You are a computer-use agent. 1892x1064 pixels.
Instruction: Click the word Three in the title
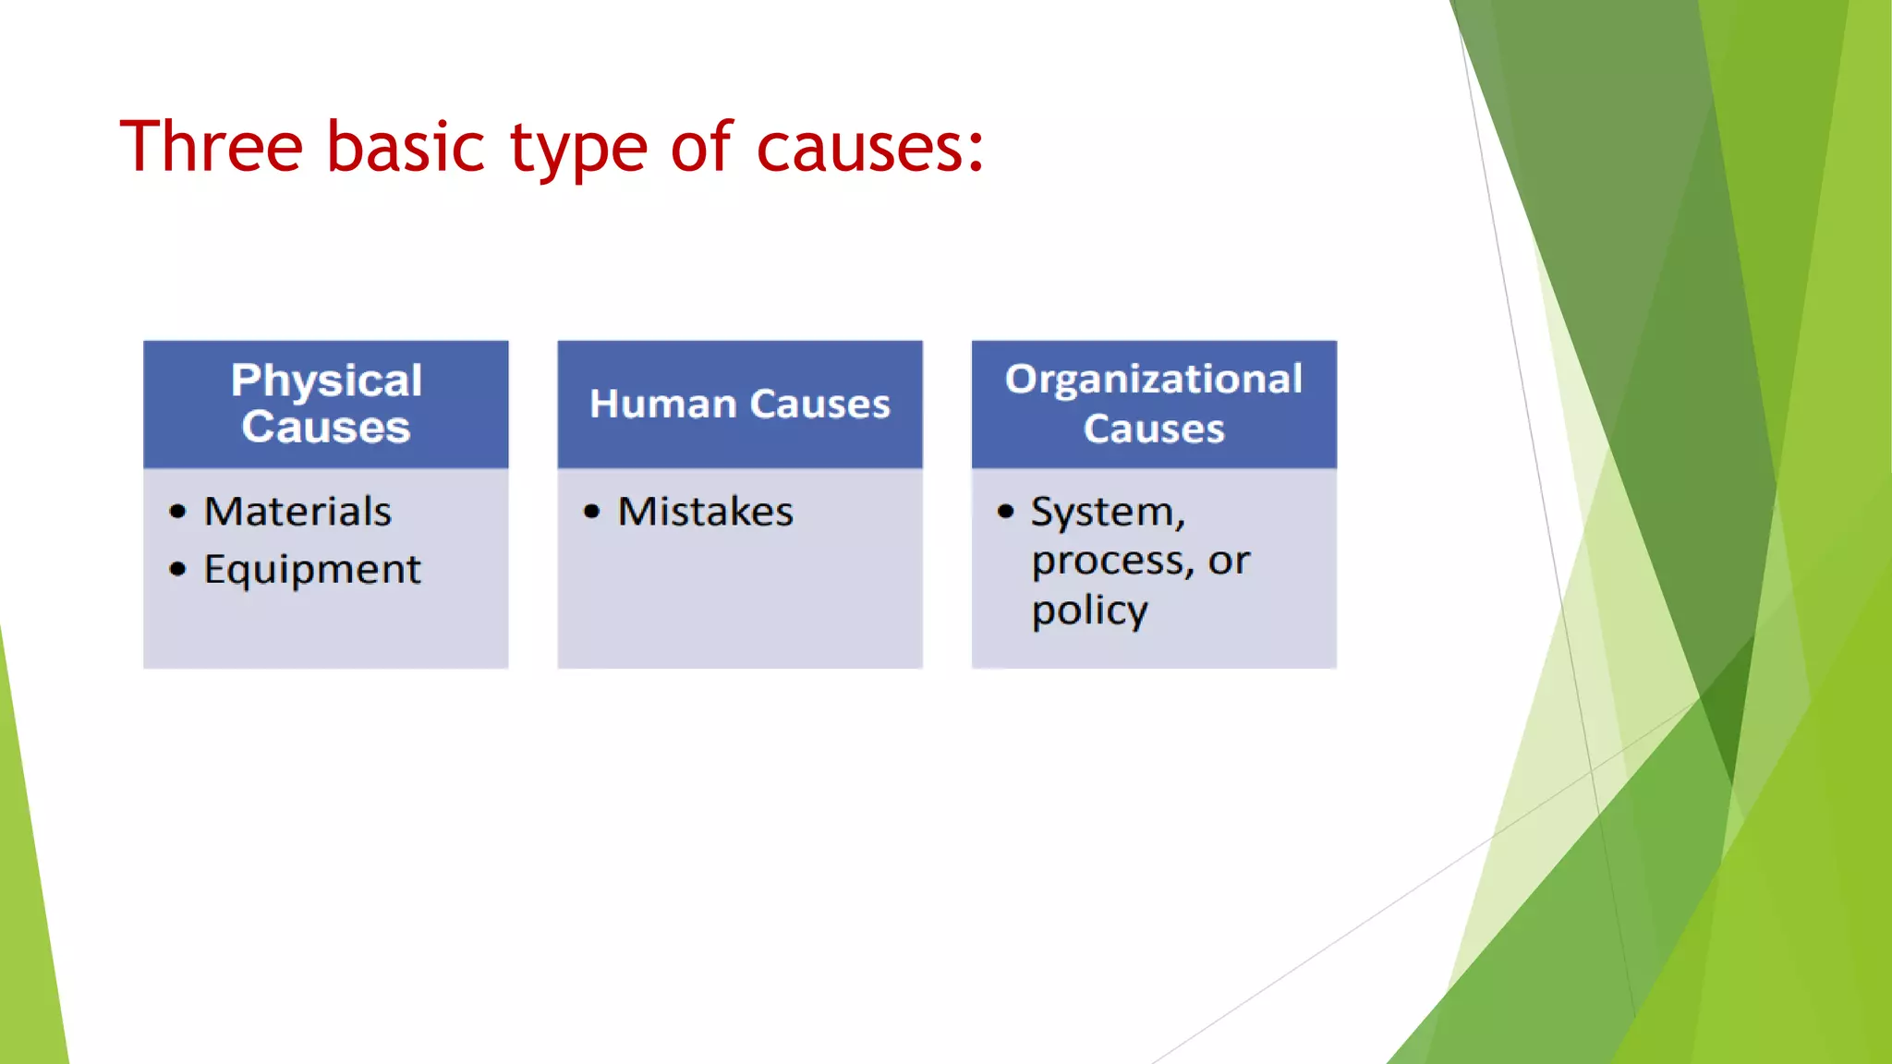tap(212, 148)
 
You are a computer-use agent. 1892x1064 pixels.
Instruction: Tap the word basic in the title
tap(406, 148)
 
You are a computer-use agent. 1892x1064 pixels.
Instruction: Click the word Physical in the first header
tap(326, 381)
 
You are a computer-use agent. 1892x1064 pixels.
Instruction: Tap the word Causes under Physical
tap(326, 428)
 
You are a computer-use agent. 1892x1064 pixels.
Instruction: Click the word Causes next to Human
tap(819, 405)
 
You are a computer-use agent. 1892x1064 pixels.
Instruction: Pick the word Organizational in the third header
tap(1154, 380)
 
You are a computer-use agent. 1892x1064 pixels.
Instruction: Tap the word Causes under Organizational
tap(1154, 429)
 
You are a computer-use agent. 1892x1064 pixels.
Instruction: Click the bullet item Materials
tap(297, 512)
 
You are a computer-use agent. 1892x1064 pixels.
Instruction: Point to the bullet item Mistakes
tap(706, 512)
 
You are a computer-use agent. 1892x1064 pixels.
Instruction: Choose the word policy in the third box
tap(1090, 611)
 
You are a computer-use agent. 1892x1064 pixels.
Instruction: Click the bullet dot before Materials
tap(178, 512)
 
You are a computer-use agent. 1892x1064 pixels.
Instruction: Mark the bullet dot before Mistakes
tap(592, 512)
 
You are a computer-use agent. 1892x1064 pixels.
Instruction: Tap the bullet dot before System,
tap(1006, 512)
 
